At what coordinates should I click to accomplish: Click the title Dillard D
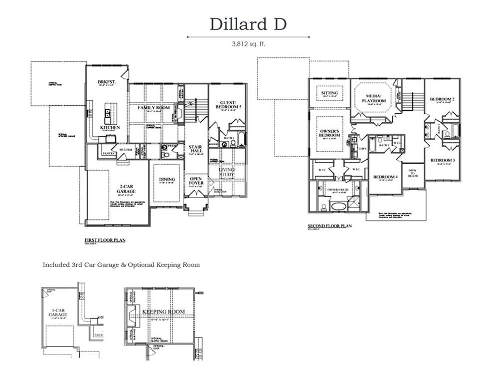pos(248,24)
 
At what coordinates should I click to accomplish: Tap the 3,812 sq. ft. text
pos(248,44)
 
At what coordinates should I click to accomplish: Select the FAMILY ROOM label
pos(154,107)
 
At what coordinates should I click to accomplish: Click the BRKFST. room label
pos(106,82)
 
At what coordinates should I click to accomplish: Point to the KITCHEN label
pos(110,127)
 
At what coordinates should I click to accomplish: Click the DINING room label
pos(167,180)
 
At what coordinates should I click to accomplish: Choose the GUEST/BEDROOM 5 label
pos(227,105)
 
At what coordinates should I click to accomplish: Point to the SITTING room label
pos(329,93)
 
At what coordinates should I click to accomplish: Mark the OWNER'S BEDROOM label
pos(330,133)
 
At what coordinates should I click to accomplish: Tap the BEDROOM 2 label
pos(442,99)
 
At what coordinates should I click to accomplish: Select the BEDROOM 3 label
pos(442,160)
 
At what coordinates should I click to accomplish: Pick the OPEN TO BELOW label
pos(412,173)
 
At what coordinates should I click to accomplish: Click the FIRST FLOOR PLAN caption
pos(105,240)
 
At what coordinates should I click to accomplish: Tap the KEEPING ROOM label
pos(164,312)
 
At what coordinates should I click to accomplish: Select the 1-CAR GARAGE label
pos(58,313)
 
